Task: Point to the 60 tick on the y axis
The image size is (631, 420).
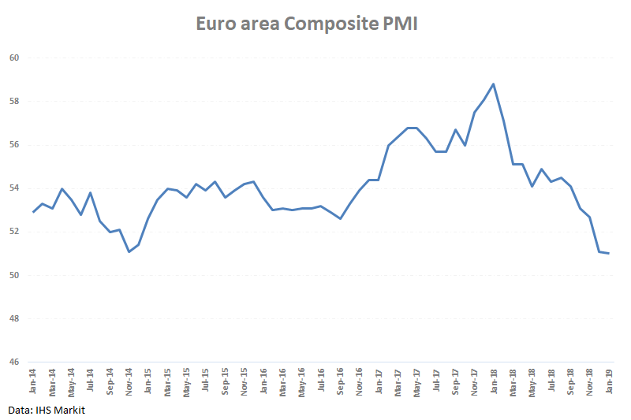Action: coord(14,58)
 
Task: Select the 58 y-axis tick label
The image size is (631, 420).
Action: coord(14,102)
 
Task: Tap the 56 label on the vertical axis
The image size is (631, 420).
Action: coord(14,145)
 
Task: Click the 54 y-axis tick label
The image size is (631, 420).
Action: coord(14,188)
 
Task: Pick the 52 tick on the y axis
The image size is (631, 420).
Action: coord(14,232)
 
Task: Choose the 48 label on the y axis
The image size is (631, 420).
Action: coord(14,319)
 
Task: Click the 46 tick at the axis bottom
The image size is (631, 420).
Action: coord(14,362)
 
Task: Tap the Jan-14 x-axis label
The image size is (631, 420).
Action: coord(33,380)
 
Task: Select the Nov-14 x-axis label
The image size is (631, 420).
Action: coord(129,380)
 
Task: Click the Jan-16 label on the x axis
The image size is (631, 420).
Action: coord(263,380)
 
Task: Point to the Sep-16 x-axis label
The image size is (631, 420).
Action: coord(340,380)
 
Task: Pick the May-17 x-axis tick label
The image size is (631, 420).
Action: coord(416,380)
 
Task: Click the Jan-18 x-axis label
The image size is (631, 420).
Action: coord(494,380)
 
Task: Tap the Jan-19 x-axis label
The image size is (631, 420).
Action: coord(609,380)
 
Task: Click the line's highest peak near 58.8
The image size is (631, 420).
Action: coord(493,84)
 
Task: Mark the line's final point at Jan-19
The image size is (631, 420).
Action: coord(608,253)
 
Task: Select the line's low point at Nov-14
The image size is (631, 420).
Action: coord(129,251)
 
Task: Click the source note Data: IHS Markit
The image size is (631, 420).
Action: coord(47,411)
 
